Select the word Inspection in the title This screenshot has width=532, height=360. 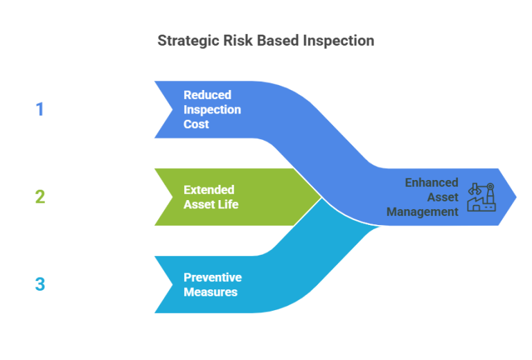pyautogui.click(x=338, y=41)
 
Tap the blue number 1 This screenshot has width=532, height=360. pyautogui.click(x=39, y=109)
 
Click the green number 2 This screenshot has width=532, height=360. pyautogui.click(x=39, y=197)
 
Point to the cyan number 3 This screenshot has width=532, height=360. pyautogui.click(x=39, y=285)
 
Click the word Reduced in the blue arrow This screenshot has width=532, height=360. pyautogui.click(x=207, y=95)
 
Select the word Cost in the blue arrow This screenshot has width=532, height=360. pyautogui.click(x=196, y=125)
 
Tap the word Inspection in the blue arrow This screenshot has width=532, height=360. pyautogui.click(x=212, y=110)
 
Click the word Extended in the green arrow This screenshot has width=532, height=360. pyautogui.click(x=209, y=190)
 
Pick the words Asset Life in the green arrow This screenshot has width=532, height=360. pyautogui.click(x=211, y=204)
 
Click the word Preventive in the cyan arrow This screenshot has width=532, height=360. pyautogui.click(x=212, y=278)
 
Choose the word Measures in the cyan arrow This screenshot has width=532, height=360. pyautogui.click(x=210, y=292)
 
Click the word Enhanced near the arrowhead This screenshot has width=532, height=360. pyautogui.click(x=432, y=183)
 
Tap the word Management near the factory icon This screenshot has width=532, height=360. pyautogui.click(x=423, y=212)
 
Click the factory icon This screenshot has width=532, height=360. pyautogui.click(x=481, y=197)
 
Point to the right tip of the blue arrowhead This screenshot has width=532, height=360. pyautogui.click(x=516, y=197)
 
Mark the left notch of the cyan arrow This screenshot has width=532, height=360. pyautogui.click(x=172, y=285)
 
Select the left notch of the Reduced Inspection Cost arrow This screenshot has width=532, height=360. pyautogui.click(x=172, y=109)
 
